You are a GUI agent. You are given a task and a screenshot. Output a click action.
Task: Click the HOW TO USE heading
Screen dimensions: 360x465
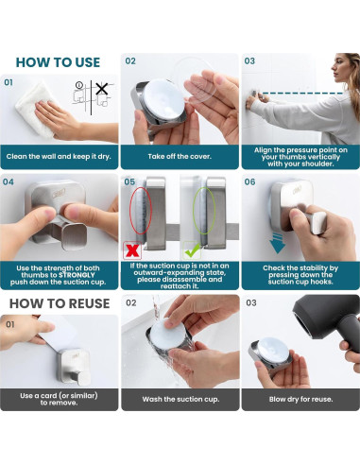click(x=58, y=62)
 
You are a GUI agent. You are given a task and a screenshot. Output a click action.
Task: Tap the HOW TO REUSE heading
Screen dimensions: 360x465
click(x=60, y=303)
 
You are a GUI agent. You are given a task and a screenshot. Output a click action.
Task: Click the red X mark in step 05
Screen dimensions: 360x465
click(x=132, y=250)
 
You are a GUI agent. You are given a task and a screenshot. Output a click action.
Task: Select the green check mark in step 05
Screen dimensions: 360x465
click(x=192, y=250)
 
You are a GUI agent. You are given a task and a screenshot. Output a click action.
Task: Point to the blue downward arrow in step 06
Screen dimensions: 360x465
click(x=277, y=243)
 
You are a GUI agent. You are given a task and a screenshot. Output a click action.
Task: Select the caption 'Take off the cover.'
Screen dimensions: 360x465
click(x=180, y=157)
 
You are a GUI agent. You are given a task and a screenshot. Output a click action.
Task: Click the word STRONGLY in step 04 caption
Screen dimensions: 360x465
click(x=77, y=275)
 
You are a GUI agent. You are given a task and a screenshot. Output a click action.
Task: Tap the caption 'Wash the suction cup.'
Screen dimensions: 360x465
click(x=180, y=399)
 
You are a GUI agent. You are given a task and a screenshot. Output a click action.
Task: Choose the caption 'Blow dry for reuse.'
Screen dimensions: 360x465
click(x=300, y=399)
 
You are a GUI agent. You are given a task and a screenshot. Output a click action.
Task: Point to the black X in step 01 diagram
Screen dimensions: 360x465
click(x=102, y=89)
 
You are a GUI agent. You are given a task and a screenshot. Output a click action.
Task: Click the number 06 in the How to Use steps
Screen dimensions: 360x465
click(x=249, y=182)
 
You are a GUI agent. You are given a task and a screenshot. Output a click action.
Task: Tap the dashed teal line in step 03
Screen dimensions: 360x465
click(x=302, y=93)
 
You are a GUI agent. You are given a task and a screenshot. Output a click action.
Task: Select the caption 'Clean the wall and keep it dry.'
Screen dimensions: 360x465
click(x=59, y=157)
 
